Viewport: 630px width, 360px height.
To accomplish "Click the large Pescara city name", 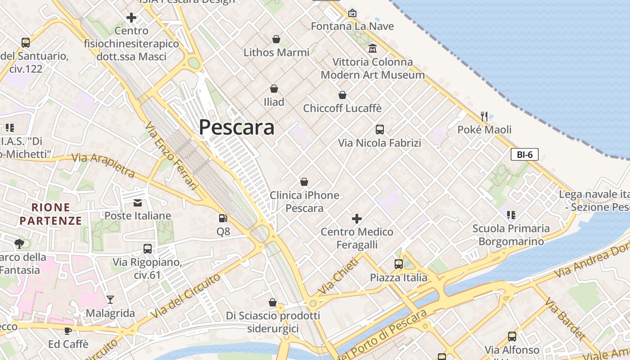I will pos(237,127).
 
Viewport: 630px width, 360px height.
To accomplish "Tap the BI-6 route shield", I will pos(525,155).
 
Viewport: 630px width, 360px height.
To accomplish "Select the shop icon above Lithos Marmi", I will pos(276,40).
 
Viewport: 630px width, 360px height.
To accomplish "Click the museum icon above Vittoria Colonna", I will pos(373,49).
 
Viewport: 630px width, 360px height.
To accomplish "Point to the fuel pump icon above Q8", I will pos(223,218).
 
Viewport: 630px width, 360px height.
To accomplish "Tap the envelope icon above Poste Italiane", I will pos(138,203).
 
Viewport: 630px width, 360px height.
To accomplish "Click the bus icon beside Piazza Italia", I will pos(399,264).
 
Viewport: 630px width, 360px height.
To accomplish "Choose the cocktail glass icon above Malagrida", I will pos(110,300).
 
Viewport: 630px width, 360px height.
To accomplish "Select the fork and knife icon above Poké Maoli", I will pos(484,117).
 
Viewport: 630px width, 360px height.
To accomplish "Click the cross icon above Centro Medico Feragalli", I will pos(357,219).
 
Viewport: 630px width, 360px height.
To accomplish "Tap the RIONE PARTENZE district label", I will pos(51,214).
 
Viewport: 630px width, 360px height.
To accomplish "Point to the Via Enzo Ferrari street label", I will pos(172,155).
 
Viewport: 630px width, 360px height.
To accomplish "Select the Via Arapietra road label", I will pos(103,164).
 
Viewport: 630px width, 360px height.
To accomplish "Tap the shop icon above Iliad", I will pos(274,89).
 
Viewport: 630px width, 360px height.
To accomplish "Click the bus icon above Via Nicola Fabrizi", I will pos(380,130).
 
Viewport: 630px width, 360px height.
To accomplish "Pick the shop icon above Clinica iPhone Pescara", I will pos(304,182).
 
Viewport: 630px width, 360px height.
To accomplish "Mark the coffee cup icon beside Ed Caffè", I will pos(67,331).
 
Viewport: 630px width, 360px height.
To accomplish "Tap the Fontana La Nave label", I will pos(352,26).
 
